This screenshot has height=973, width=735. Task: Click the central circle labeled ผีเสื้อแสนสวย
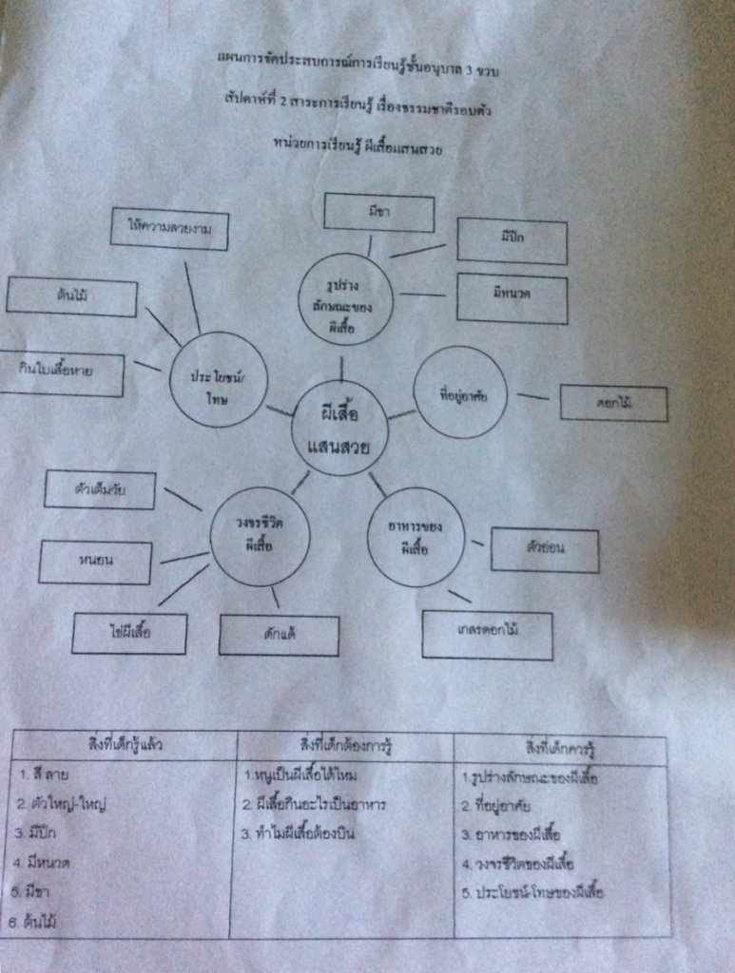[339, 428]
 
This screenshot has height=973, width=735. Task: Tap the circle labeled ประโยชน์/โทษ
[218, 379]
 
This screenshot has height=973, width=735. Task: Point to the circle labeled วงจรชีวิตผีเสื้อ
[260, 535]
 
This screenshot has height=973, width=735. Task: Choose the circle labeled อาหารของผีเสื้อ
[416, 536]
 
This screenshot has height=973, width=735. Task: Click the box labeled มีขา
[378, 213]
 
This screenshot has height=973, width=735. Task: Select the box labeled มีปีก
[512, 240]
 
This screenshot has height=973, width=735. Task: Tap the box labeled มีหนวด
[512, 298]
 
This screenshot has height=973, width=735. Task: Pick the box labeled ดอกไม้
[613, 404]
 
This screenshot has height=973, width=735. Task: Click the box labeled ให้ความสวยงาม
[169, 228]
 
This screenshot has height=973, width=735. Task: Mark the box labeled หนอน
[95, 562]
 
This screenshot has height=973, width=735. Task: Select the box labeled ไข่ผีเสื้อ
[130, 633]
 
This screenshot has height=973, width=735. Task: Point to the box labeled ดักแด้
[279, 635]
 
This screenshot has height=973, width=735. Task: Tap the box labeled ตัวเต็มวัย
[100, 489]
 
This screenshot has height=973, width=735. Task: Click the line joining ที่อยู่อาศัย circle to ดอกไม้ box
[533, 396]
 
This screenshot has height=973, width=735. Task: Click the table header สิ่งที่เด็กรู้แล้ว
[125, 744]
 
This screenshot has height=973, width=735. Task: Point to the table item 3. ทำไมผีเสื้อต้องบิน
[304, 833]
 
